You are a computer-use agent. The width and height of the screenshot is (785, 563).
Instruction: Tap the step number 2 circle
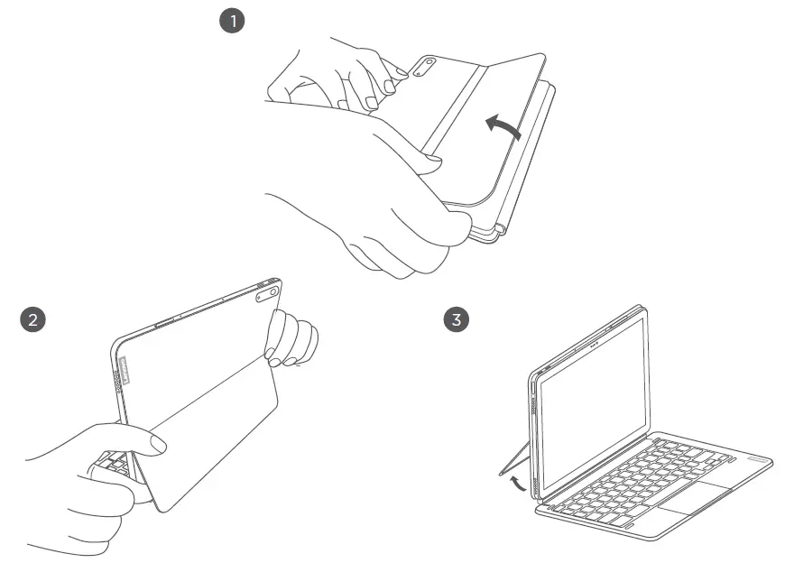[x=33, y=319]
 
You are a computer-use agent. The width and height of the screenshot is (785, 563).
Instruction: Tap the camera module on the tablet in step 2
[x=267, y=292]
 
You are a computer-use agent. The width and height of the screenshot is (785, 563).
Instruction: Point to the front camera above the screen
[x=592, y=343]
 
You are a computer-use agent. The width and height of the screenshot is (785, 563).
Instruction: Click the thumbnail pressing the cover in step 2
[x=160, y=444]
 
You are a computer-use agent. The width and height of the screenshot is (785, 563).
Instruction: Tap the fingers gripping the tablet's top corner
[x=291, y=339]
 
